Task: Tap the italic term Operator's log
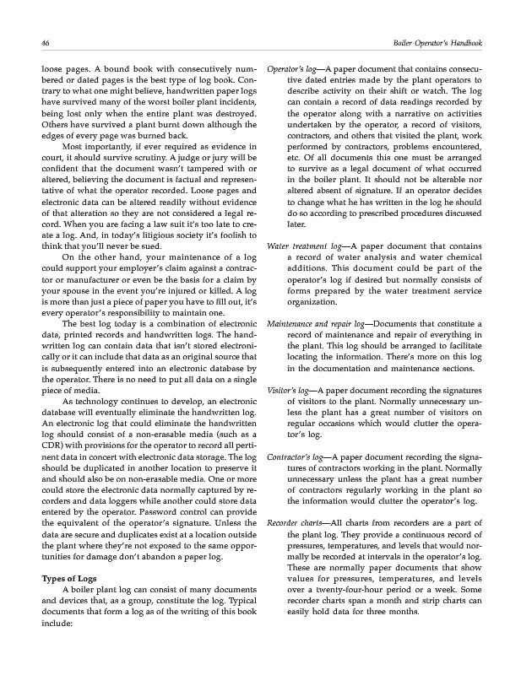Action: (x=289, y=66)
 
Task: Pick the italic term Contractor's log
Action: (x=292, y=456)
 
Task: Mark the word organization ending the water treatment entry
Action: (x=317, y=301)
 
